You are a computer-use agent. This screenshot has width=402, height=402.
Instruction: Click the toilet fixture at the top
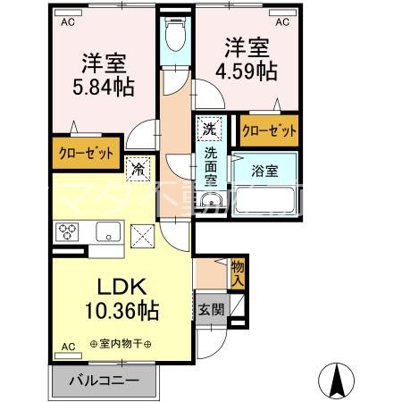point(175,36)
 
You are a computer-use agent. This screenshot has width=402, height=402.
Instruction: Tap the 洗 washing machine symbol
point(207,128)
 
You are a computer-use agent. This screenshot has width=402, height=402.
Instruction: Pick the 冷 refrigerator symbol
point(138,166)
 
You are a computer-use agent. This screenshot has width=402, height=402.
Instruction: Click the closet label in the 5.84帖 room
point(86,153)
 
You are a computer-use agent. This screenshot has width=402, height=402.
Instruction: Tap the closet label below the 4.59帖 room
point(269,131)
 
